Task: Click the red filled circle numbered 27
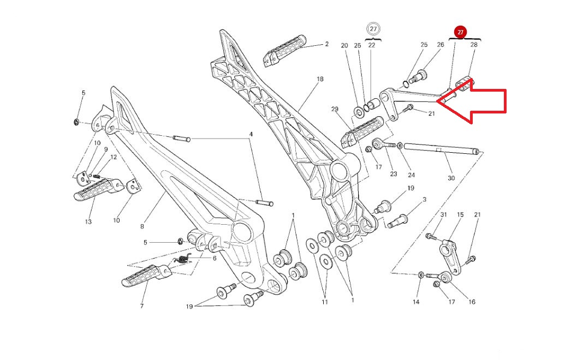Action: coord(461,32)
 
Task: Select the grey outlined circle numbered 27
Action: coord(373,29)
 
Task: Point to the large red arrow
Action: coord(472,101)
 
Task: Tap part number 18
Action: coord(320,79)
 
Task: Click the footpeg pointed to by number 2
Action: coord(284,51)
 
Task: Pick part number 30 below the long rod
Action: coord(451,178)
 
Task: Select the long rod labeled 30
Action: coord(442,149)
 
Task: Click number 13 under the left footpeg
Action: coord(88,222)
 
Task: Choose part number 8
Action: coord(142,226)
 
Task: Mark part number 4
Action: coord(251,134)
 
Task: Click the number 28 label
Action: coord(474,45)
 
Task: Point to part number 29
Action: coord(335,109)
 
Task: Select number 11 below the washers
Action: coord(325,302)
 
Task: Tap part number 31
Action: coord(444,214)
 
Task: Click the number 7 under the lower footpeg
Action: coord(142,306)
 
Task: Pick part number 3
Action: coord(425,200)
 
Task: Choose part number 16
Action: coord(472,302)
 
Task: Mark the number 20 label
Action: coord(344,46)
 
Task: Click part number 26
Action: coord(441,45)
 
